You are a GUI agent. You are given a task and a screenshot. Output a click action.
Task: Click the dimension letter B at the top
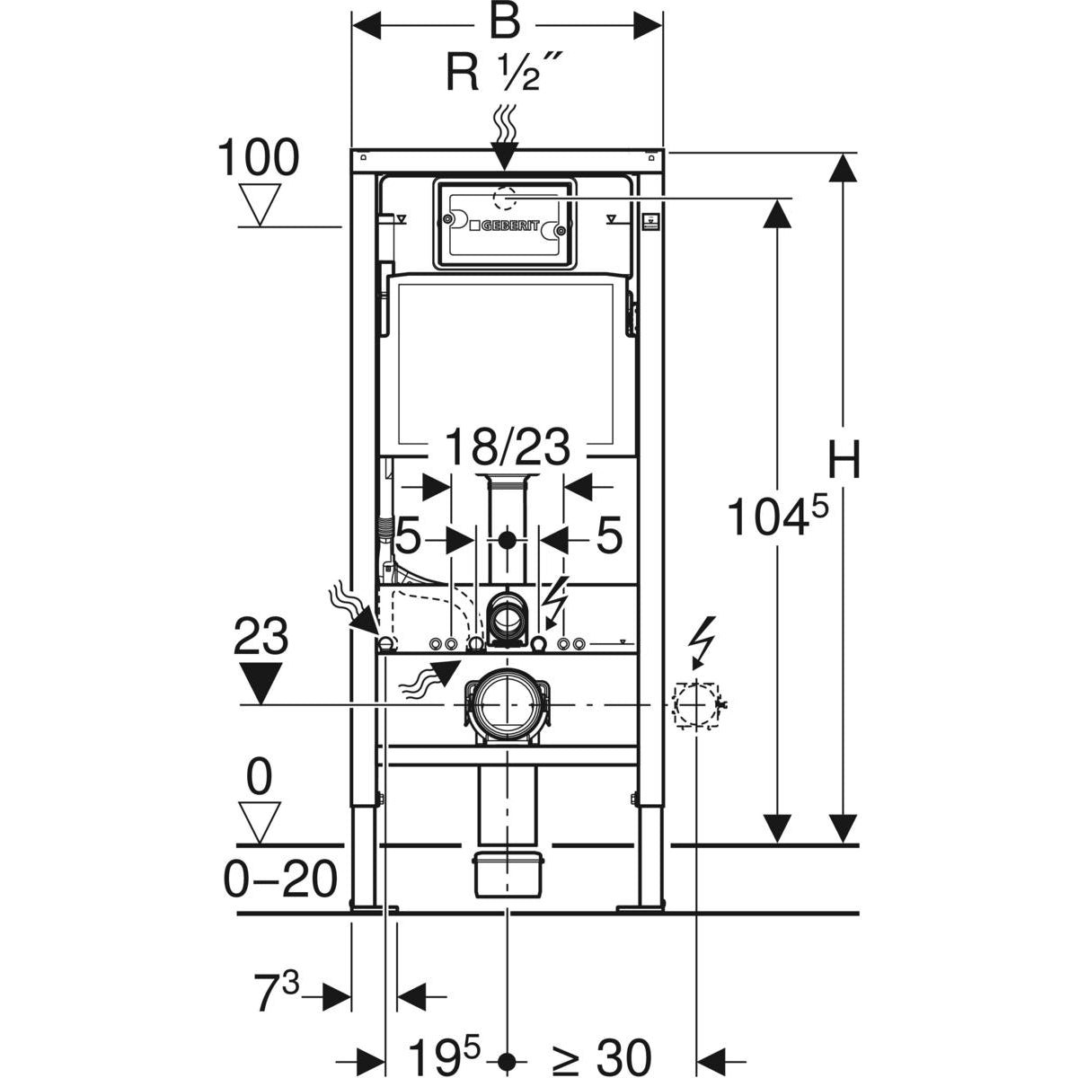click(x=505, y=23)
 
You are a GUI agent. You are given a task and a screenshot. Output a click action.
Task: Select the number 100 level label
click(x=259, y=158)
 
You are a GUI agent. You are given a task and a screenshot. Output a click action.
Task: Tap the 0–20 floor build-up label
click(x=280, y=879)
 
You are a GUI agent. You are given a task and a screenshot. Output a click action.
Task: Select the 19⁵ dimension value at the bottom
click(x=446, y=1056)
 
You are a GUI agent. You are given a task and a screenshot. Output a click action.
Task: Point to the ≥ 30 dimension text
click(x=601, y=1056)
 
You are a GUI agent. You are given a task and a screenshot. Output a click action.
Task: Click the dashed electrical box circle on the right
click(x=696, y=704)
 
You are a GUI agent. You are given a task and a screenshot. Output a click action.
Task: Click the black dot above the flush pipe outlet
click(x=508, y=540)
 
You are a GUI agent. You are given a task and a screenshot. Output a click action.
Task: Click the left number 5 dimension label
click(x=408, y=539)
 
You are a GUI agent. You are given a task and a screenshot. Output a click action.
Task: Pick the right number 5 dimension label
click(x=609, y=539)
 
